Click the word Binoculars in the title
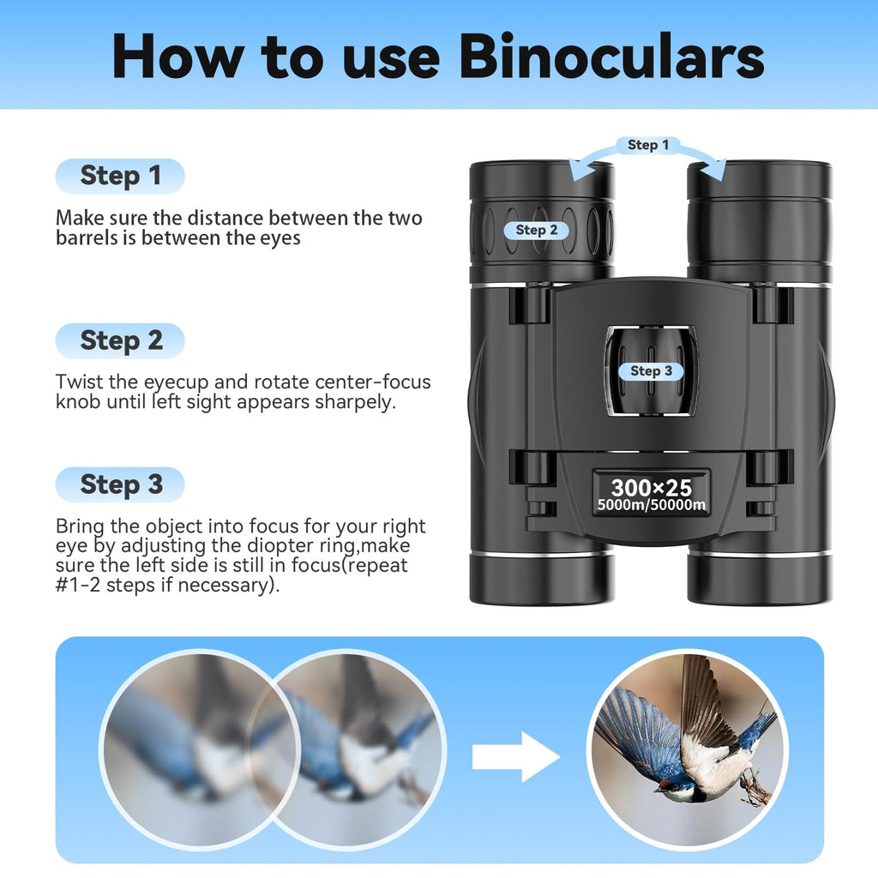click(610, 57)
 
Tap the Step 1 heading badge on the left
click(120, 176)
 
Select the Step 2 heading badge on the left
click(120, 340)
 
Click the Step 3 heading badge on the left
click(120, 484)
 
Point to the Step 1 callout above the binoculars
click(647, 145)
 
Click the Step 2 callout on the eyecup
click(536, 230)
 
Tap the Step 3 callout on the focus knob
click(651, 370)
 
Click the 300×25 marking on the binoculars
click(651, 488)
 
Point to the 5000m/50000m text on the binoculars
click(651, 505)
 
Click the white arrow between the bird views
click(514, 756)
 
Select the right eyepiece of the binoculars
click(759, 206)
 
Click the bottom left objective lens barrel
click(541, 578)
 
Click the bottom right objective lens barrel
click(759, 578)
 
